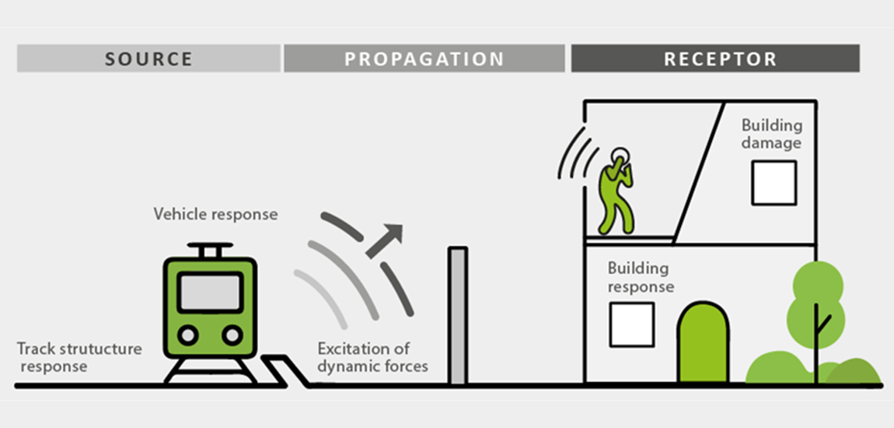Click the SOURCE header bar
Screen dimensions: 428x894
pos(148,58)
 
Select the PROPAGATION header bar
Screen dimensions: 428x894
pos(424,58)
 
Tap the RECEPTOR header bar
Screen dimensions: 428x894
pos(715,58)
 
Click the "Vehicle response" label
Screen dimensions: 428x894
pos(215,213)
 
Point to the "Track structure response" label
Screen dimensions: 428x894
pos(79,356)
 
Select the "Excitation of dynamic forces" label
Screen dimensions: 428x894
pos(372,357)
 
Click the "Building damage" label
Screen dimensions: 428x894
pos(770,134)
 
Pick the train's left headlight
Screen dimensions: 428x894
pos(187,335)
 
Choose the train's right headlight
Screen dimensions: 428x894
pos(232,335)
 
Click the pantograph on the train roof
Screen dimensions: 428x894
pos(210,250)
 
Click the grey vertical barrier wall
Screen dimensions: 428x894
pos(458,315)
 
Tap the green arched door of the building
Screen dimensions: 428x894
pos(703,342)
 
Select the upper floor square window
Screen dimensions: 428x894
pos(774,183)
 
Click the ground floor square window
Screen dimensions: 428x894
pos(631,325)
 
